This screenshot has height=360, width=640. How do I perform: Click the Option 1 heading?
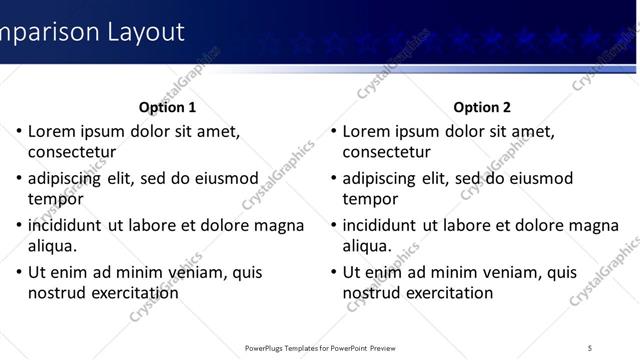[x=167, y=107]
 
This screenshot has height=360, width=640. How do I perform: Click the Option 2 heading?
[x=482, y=107]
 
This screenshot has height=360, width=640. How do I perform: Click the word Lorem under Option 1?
[x=52, y=131]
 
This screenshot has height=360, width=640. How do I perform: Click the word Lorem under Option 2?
[x=367, y=131]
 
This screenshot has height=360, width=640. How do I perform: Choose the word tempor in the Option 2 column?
[x=370, y=199]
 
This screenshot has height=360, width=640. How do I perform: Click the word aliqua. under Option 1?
[x=53, y=246]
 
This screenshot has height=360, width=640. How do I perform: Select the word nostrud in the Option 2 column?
[x=372, y=293]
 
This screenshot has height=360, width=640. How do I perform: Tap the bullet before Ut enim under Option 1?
[x=18, y=272]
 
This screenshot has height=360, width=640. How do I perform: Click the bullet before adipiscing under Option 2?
[x=333, y=179]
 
